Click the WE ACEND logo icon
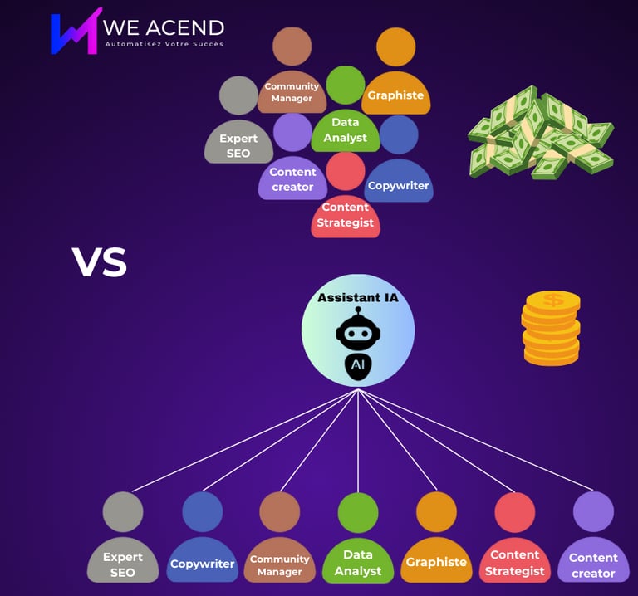click(76, 32)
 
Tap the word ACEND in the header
click(189, 27)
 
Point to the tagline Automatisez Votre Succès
click(164, 44)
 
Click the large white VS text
click(100, 262)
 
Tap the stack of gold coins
click(551, 330)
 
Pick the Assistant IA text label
click(357, 297)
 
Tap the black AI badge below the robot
click(358, 366)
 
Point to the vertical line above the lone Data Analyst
click(358, 440)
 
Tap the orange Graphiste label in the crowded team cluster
click(395, 95)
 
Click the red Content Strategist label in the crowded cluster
click(346, 215)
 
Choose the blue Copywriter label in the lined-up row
click(202, 564)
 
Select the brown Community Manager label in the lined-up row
click(279, 565)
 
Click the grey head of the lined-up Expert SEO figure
click(123, 511)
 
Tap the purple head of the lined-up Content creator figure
click(593, 511)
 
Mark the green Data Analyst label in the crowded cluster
click(346, 130)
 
